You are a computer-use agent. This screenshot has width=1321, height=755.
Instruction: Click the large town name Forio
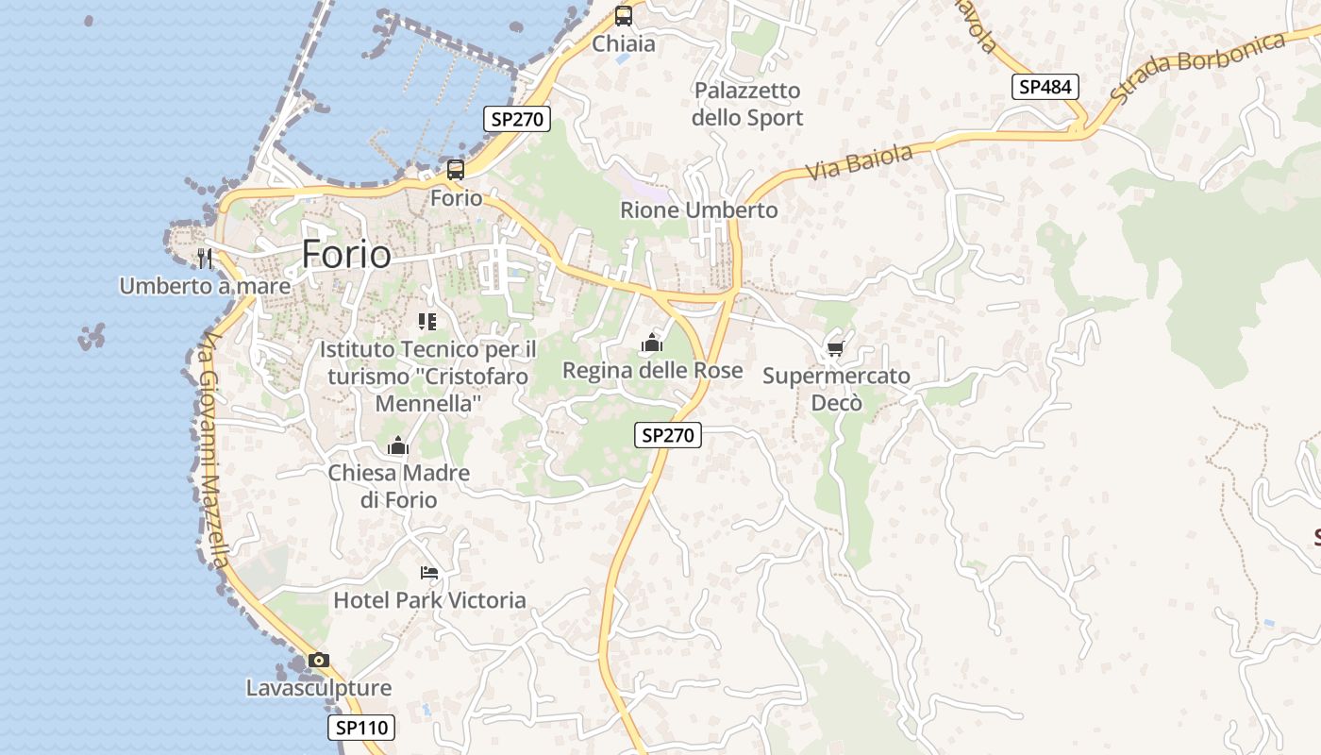[346, 255]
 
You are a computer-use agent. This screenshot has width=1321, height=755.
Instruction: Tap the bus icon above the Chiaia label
[623, 16]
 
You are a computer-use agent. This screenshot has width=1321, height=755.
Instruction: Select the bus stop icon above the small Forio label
[456, 170]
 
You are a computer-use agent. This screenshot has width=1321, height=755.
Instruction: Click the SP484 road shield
[1045, 87]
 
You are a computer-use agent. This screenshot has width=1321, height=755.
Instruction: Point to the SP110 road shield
[361, 728]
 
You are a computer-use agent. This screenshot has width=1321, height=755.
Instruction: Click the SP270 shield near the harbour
[518, 119]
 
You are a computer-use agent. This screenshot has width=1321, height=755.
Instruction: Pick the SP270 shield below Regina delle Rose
[668, 435]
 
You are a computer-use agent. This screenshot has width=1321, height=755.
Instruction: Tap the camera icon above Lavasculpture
[319, 661]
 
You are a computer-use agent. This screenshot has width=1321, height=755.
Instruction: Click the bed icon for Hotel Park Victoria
[429, 573]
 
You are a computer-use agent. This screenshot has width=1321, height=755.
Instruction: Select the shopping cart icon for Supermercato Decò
[835, 349]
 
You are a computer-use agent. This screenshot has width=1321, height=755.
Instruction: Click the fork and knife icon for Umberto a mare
[205, 259]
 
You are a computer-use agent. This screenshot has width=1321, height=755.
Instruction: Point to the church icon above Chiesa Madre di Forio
[398, 445]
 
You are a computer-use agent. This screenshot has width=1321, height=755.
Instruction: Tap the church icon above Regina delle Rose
[652, 344]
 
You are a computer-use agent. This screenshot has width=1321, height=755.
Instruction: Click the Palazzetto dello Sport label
[747, 104]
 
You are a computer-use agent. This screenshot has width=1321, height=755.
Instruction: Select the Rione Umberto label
[699, 210]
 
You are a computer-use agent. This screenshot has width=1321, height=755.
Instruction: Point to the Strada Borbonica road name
[1198, 66]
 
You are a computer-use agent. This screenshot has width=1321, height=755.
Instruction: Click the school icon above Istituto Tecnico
[427, 322]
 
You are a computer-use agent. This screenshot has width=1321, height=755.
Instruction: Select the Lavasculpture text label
[319, 688]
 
